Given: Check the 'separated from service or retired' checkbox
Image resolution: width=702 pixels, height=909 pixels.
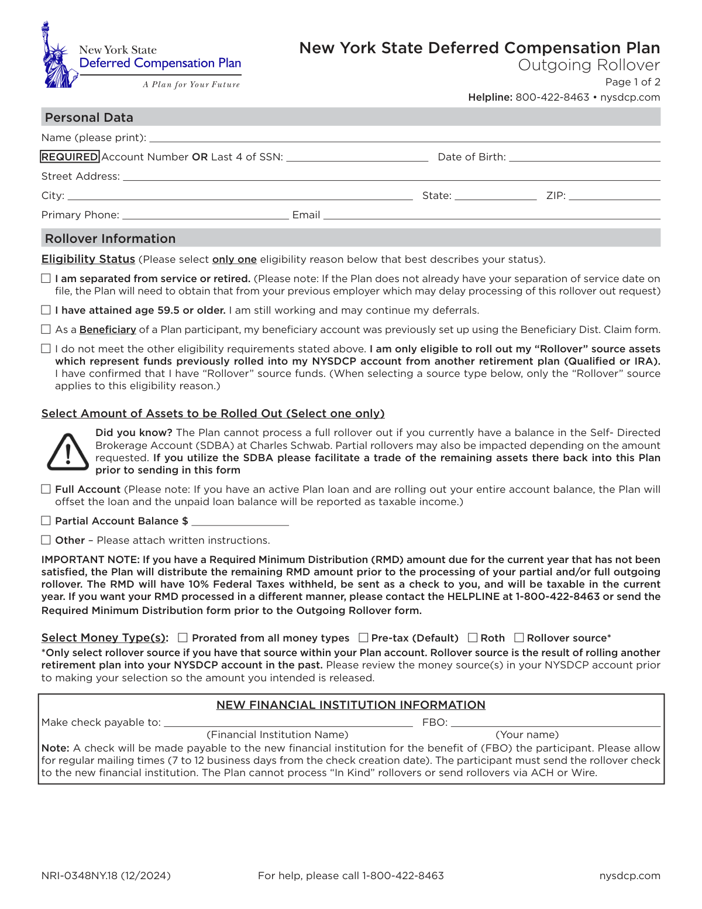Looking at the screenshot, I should (x=46, y=279).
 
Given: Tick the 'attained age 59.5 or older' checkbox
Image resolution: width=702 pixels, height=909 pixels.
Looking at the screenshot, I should (x=46, y=310).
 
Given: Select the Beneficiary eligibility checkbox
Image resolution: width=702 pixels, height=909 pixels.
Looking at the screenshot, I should (x=46, y=330).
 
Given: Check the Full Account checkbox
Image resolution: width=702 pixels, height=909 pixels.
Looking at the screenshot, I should (x=46, y=489).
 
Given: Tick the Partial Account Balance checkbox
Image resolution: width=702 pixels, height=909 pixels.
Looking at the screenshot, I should (x=46, y=520).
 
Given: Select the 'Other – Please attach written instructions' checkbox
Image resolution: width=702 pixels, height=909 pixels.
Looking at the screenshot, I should (x=46, y=540).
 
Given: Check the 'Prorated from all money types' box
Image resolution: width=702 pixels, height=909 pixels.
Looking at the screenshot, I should (x=183, y=638).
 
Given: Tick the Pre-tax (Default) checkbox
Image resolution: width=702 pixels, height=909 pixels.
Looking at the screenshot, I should (x=363, y=637).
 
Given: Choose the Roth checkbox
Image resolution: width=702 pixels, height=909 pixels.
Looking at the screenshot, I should (x=473, y=637).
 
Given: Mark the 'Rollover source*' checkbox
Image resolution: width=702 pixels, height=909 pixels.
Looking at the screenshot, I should (x=519, y=637).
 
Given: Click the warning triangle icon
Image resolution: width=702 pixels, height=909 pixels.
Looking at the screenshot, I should (x=68, y=452).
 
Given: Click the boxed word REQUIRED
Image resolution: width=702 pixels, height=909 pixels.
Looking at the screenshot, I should (x=70, y=157).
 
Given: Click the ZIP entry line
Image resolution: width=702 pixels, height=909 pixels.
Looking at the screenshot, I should (x=614, y=197).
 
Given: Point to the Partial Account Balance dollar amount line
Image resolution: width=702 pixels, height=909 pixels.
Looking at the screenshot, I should (x=240, y=522).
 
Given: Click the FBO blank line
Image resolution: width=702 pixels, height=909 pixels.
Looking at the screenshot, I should (x=555, y=723).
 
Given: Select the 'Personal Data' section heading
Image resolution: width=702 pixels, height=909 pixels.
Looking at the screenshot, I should (x=89, y=118).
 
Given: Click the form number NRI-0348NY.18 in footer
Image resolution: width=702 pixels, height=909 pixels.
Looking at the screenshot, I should (x=106, y=876).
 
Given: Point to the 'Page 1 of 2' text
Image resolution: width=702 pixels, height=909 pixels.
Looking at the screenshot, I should (x=632, y=82).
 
